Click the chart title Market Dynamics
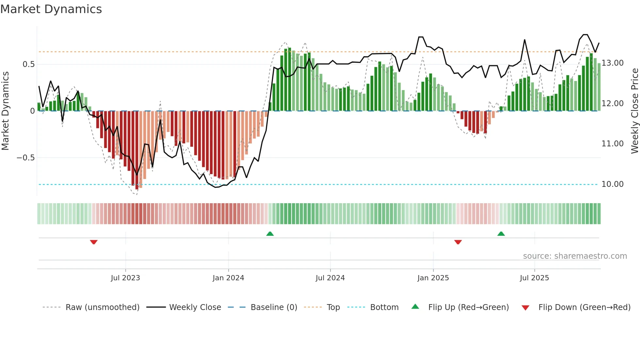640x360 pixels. coord(51,9)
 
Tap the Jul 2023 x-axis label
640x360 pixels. coord(125,278)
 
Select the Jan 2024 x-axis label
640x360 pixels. coord(228,278)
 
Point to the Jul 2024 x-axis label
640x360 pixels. coord(330,278)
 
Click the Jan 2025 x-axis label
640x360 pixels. coord(433,278)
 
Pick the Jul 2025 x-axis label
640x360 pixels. coord(534,278)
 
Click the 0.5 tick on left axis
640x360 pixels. coord(29,64)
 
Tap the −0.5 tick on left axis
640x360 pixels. coord(26,158)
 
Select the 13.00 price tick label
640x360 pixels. coord(613,63)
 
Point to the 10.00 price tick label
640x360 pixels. coord(613,184)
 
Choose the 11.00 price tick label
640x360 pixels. coord(613,144)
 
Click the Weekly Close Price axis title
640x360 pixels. coord(634,111)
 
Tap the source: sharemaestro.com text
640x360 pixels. coord(575,256)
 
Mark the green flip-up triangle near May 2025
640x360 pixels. coord(501,234)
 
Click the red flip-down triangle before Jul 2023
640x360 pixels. coord(94,242)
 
